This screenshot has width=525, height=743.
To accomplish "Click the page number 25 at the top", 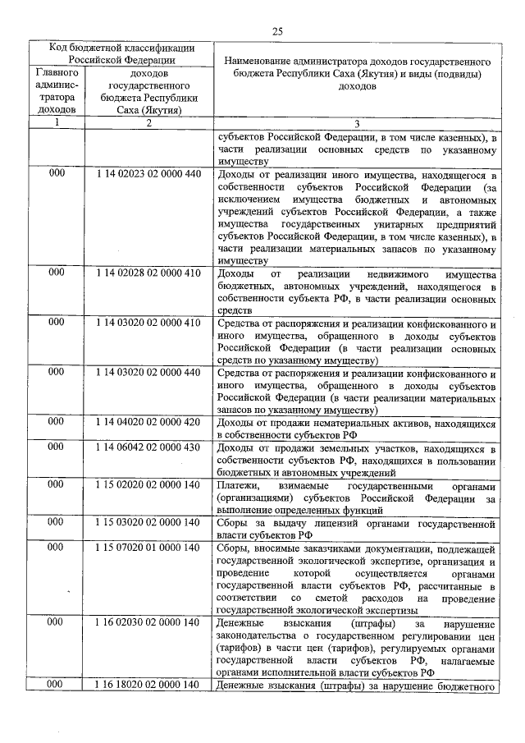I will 277,31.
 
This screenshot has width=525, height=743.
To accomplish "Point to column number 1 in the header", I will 57,123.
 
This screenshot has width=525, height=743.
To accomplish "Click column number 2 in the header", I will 148,123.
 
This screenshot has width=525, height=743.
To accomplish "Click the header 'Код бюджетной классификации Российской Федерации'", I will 120,53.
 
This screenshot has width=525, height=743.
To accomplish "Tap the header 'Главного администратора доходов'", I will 57,90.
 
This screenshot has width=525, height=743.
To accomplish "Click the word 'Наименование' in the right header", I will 259,61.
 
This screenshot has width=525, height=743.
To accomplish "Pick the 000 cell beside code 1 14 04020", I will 56,422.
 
